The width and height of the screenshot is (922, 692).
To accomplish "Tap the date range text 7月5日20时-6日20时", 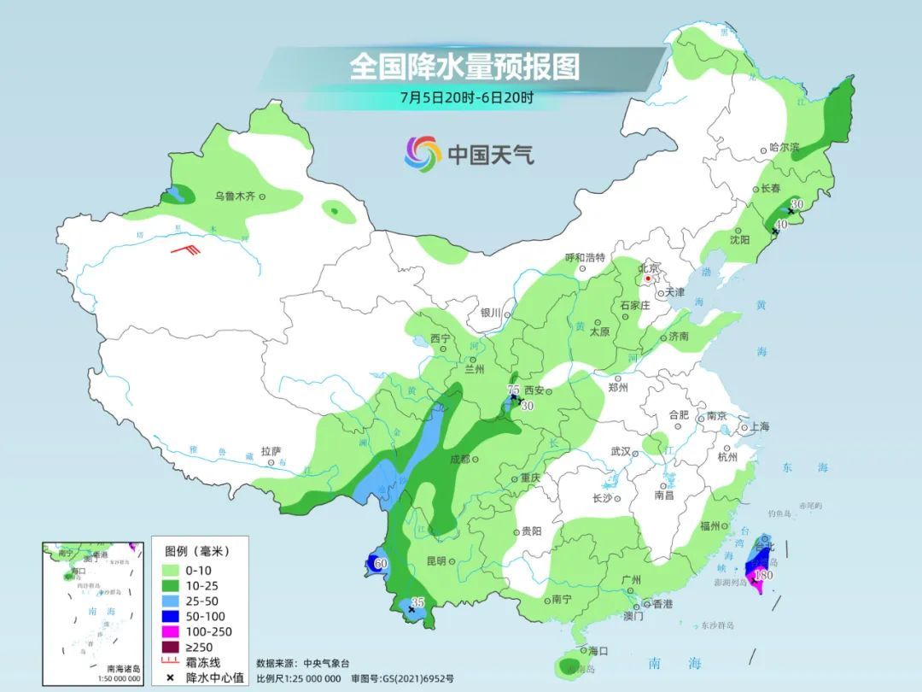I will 466,97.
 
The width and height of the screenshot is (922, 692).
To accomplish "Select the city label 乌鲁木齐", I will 235,196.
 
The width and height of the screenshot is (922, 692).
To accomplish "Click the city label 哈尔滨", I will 784,147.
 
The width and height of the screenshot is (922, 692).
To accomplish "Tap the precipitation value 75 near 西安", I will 513,390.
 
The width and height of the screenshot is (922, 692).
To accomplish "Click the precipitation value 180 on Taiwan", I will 764,576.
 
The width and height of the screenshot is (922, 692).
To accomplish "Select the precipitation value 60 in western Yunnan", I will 381,563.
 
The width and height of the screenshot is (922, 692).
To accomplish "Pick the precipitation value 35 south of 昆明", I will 417,602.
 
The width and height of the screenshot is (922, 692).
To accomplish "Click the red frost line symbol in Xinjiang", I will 184,250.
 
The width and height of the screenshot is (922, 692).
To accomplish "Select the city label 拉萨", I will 271,451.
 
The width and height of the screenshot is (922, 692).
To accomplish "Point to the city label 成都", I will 458,460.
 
